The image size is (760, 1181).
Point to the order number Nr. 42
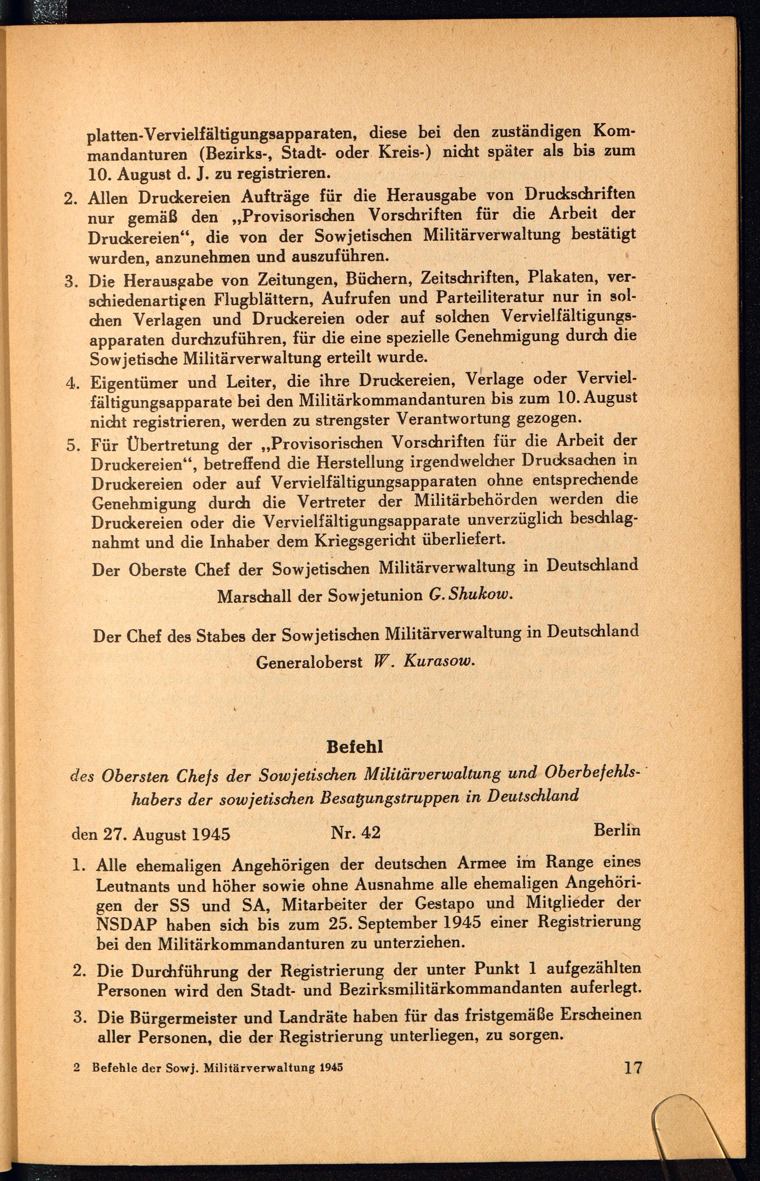355,832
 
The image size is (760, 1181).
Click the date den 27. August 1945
151,834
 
